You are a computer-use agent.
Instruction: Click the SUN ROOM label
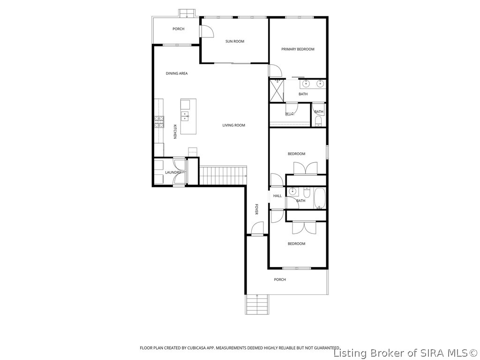pyautogui.click(x=235, y=41)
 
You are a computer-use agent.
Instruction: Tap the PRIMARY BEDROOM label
pyautogui.click(x=298, y=49)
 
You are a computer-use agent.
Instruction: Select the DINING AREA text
pyautogui.click(x=177, y=74)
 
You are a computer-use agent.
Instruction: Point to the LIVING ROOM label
pyautogui.click(x=233, y=125)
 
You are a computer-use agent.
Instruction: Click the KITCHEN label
pyautogui.click(x=175, y=132)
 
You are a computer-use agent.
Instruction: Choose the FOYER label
pyautogui.click(x=256, y=209)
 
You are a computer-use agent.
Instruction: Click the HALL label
pyautogui.click(x=277, y=196)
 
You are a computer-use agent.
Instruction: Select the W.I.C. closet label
pyautogui.click(x=290, y=114)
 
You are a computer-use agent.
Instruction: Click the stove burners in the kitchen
pyautogui.click(x=159, y=122)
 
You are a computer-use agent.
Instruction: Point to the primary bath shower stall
pyautogui.click(x=277, y=90)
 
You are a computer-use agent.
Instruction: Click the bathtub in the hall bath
pyautogui.click(x=320, y=198)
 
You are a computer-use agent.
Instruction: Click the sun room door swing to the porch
pyautogui.click(x=206, y=31)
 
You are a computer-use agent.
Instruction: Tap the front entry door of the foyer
pyautogui.click(x=257, y=228)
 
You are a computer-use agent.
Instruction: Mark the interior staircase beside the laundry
pyautogui.click(x=223, y=175)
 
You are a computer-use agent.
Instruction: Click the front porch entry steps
pyautogui.click(x=256, y=304)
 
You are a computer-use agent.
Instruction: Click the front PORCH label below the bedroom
pyautogui.click(x=280, y=279)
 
